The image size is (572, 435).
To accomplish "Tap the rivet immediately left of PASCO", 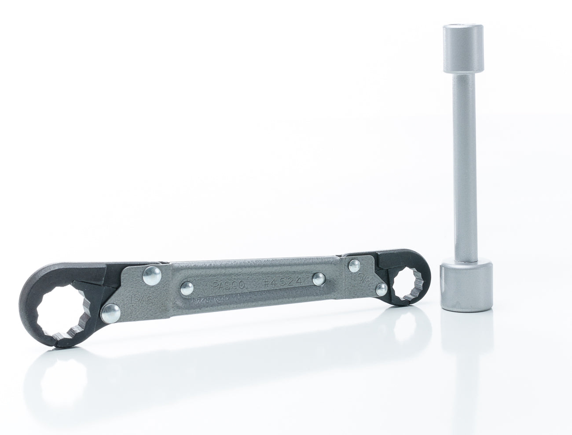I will point(186,288).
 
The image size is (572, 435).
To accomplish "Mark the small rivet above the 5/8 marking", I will point(354,265).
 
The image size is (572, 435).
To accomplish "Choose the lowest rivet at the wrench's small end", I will point(382,288).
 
